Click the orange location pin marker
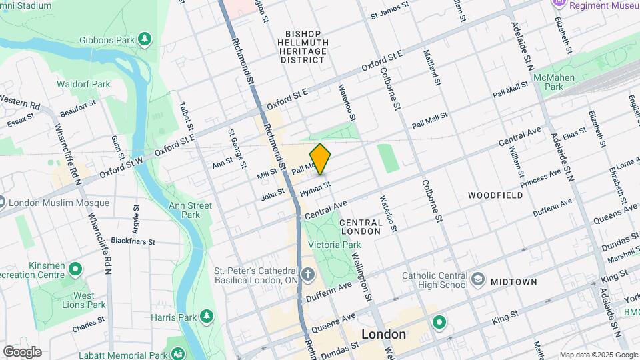[320, 159]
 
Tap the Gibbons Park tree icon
[145, 40]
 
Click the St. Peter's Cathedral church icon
[307, 273]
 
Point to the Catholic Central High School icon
[478, 279]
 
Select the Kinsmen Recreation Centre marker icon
[75, 269]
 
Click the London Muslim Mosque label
[58, 203]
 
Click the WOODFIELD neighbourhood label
[495, 195]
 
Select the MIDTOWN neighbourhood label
[513, 282]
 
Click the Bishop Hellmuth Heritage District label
[303, 47]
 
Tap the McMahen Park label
[549, 82]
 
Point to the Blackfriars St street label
[133, 241]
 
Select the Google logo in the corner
[21, 352]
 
